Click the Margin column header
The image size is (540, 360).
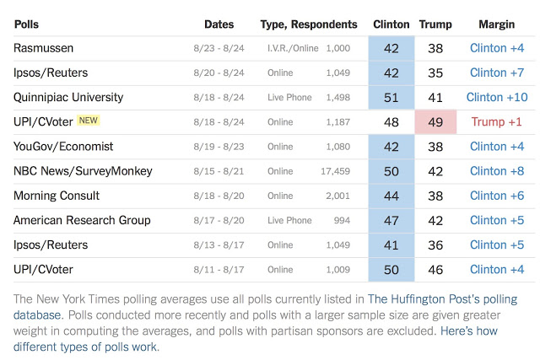[497, 24]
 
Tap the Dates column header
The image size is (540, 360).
[219, 24]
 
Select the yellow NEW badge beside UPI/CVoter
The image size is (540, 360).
[89, 121]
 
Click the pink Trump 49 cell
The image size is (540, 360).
[435, 122]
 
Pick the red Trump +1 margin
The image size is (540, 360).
[497, 122]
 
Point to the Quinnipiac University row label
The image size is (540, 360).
[68, 98]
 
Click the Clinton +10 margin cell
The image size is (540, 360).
[497, 98]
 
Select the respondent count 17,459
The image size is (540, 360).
[336, 171]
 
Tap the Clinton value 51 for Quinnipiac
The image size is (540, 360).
[391, 98]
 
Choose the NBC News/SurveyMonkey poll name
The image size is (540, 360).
[83, 171]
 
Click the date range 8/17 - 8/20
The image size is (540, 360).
[219, 220]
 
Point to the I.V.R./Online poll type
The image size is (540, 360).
[293, 48]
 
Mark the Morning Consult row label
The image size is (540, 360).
[57, 196]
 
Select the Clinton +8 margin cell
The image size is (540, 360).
[497, 171]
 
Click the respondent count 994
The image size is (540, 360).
[342, 220]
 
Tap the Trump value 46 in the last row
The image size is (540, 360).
[435, 270]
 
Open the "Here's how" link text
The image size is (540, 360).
[469, 331]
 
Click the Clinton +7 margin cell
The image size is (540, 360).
[497, 73]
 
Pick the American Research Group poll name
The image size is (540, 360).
[82, 220]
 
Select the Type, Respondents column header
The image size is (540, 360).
[309, 24]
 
